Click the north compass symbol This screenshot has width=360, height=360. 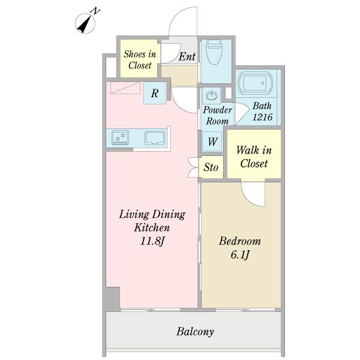click(x=85, y=23)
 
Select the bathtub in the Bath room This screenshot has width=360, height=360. click(x=256, y=83)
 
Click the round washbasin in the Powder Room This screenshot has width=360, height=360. click(x=211, y=95)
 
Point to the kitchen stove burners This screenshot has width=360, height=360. click(x=120, y=137)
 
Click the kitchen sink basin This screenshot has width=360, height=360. click(x=155, y=138)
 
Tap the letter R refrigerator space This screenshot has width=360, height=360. click(x=155, y=93)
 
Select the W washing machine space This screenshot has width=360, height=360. click(x=212, y=141)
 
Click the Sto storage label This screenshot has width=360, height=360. click(x=211, y=167)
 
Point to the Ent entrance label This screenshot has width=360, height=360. click(x=187, y=56)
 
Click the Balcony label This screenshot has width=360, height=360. click(x=195, y=332)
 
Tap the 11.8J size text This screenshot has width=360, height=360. click(x=152, y=241)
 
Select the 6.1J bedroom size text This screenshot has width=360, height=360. click(x=240, y=254)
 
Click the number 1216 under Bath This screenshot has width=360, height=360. click(x=262, y=117)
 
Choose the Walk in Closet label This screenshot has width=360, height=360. click(x=254, y=157)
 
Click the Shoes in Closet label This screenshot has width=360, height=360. click(x=140, y=59)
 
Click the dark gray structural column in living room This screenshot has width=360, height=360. click(x=113, y=299)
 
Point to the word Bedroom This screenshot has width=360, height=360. click(x=240, y=241)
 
